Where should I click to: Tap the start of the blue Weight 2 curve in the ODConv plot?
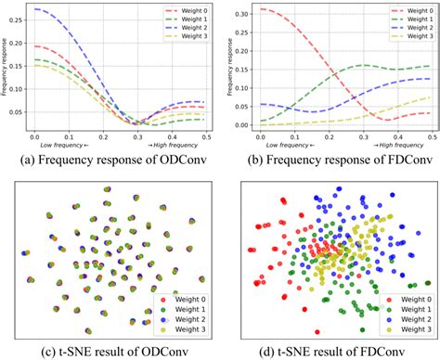coord(34,9)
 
